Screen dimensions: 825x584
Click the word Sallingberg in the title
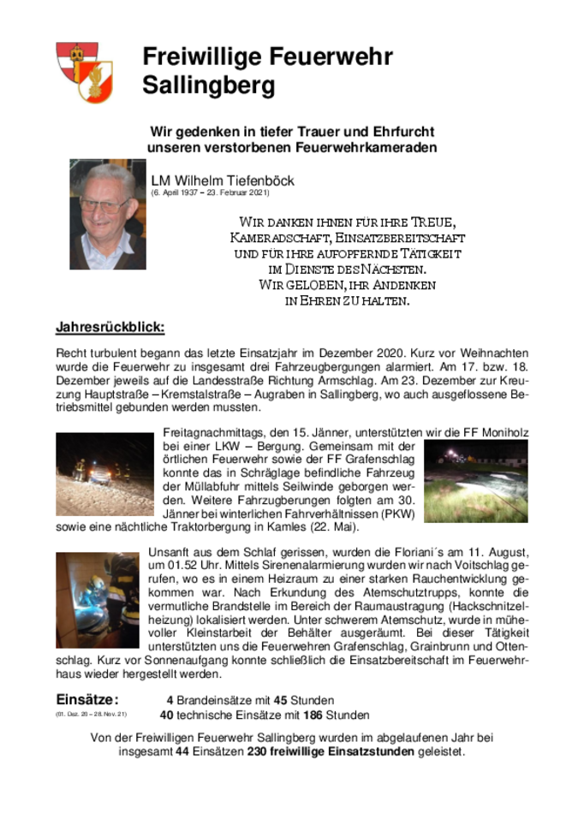point(209,86)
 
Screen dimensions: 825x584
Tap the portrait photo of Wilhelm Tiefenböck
point(107,214)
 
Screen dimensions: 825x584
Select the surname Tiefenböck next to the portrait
point(259,181)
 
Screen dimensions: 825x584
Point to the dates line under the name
point(216,193)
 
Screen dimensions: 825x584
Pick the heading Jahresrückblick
point(110,328)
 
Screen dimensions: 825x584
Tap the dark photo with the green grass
point(475,481)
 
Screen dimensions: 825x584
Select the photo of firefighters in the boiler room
point(97,599)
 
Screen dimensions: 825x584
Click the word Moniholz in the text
point(498,433)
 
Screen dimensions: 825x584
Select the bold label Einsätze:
point(87,700)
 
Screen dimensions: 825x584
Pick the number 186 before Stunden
point(313,715)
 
